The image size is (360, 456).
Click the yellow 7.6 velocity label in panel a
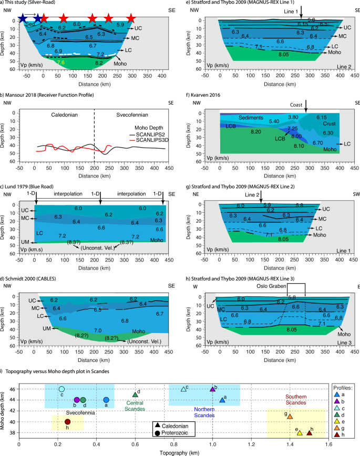pyautogui.click(x=60, y=62)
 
